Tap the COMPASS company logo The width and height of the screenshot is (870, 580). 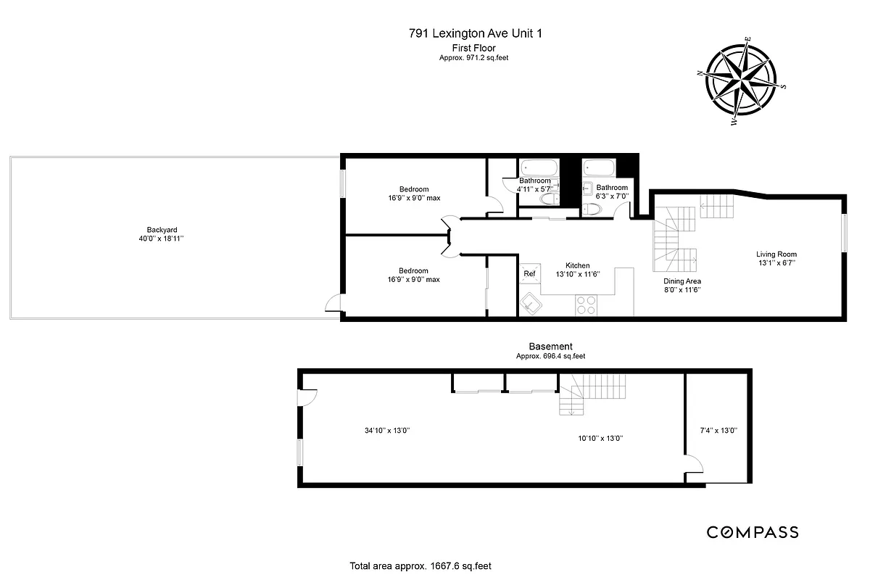pos(753,532)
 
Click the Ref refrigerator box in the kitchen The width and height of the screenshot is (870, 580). pos(529,273)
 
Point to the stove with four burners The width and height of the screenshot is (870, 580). pos(585,305)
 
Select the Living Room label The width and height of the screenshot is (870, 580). pos(776,254)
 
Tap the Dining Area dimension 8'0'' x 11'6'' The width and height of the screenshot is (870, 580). pos(681,289)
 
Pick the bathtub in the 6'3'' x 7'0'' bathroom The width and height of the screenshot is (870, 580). pos(598,168)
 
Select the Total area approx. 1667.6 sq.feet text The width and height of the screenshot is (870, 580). pos(423,565)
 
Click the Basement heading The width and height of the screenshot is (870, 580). pos(550,347)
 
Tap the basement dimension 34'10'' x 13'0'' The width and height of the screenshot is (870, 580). pos(387,430)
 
